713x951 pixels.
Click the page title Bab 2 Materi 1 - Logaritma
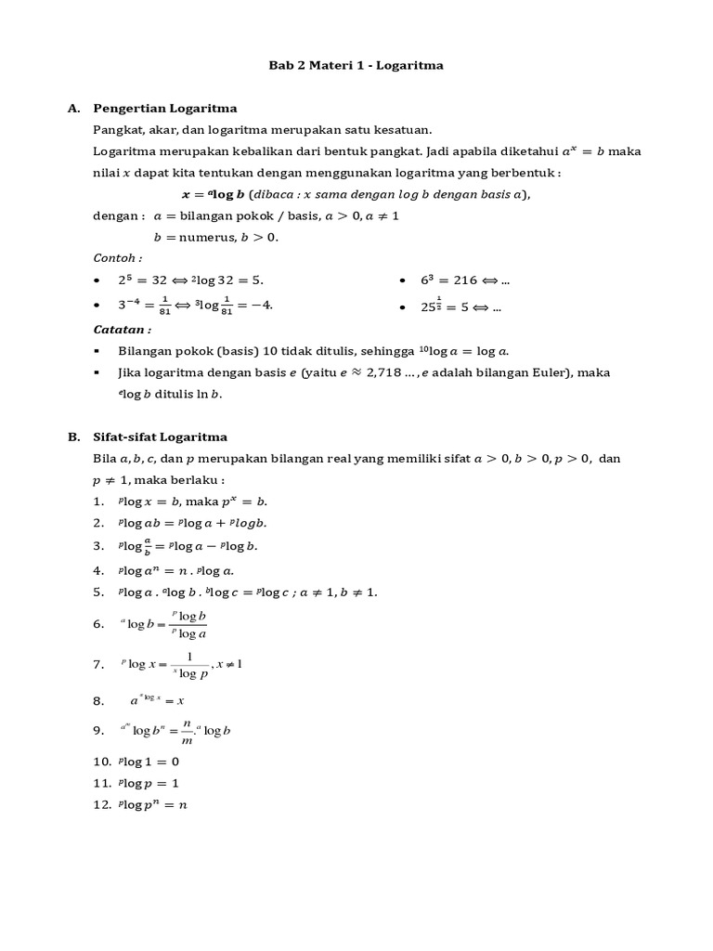pyautogui.click(x=356, y=65)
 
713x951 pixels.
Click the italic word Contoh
pyautogui.click(x=118, y=257)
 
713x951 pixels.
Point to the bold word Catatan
pyautogui.click(x=123, y=329)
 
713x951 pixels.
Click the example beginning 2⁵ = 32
pyautogui.click(x=197, y=280)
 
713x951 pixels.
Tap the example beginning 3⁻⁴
pyautogui.click(x=197, y=305)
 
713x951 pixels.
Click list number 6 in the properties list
pyautogui.click(x=98, y=625)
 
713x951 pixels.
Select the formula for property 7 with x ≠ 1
pyautogui.click(x=180, y=665)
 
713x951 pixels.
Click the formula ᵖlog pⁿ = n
pyautogui.click(x=153, y=805)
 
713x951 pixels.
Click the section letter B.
pyautogui.click(x=73, y=436)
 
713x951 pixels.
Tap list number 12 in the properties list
pyautogui.click(x=101, y=805)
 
